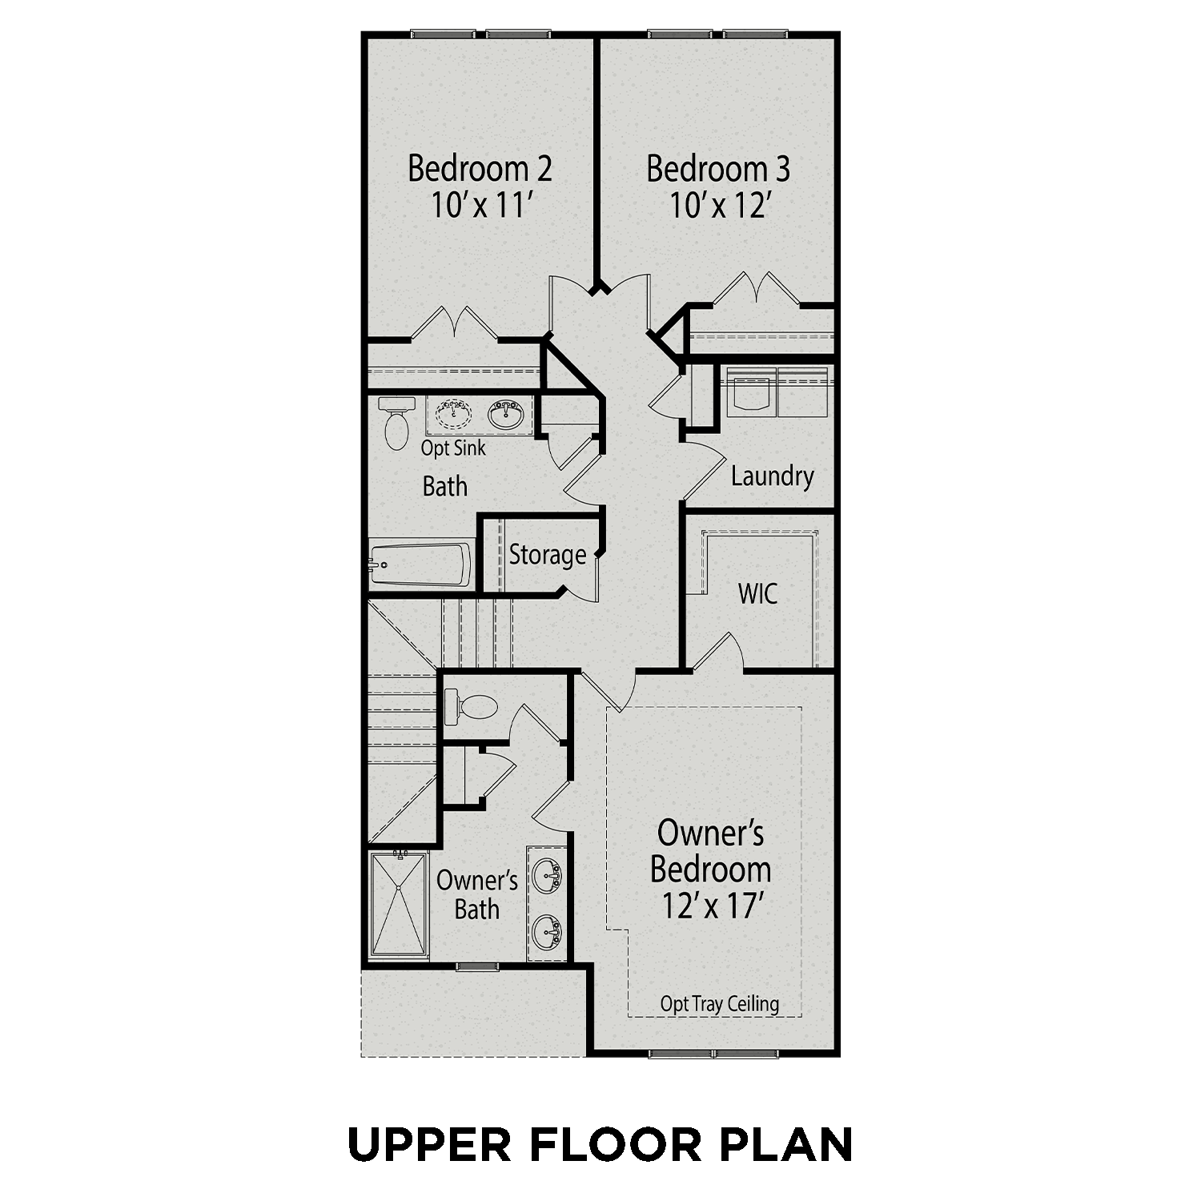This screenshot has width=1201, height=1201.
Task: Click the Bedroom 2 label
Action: pos(480,169)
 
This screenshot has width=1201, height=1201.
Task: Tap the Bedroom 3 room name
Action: pos(718,169)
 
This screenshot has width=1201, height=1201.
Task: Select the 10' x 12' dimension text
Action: pos(720,206)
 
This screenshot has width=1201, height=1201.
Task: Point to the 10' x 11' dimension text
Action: pos(482,206)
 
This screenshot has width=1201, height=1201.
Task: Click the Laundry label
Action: pos(772,476)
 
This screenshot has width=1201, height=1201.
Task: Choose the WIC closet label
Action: pos(757,594)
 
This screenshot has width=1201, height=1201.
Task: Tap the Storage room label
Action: pos(548,555)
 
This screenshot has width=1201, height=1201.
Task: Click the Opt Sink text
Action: pos(453,448)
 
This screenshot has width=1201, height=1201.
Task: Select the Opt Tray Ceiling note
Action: pos(719,1004)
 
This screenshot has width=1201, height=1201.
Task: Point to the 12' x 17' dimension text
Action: pos(711,906)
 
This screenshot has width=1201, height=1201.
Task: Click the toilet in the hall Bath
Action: pos(396,423)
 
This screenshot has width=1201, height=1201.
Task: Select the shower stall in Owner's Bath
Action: pos(399,905)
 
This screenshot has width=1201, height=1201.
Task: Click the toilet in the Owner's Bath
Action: pos(472,707)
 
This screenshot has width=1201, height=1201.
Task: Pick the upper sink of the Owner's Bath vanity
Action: pos(548,875)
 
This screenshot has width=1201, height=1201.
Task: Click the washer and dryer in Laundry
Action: pos(777,392)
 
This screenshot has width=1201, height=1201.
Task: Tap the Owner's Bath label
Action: pos(477,895)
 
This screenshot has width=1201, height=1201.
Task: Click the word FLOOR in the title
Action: pos(614,1145)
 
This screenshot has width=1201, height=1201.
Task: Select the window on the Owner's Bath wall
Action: pos(477,967)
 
